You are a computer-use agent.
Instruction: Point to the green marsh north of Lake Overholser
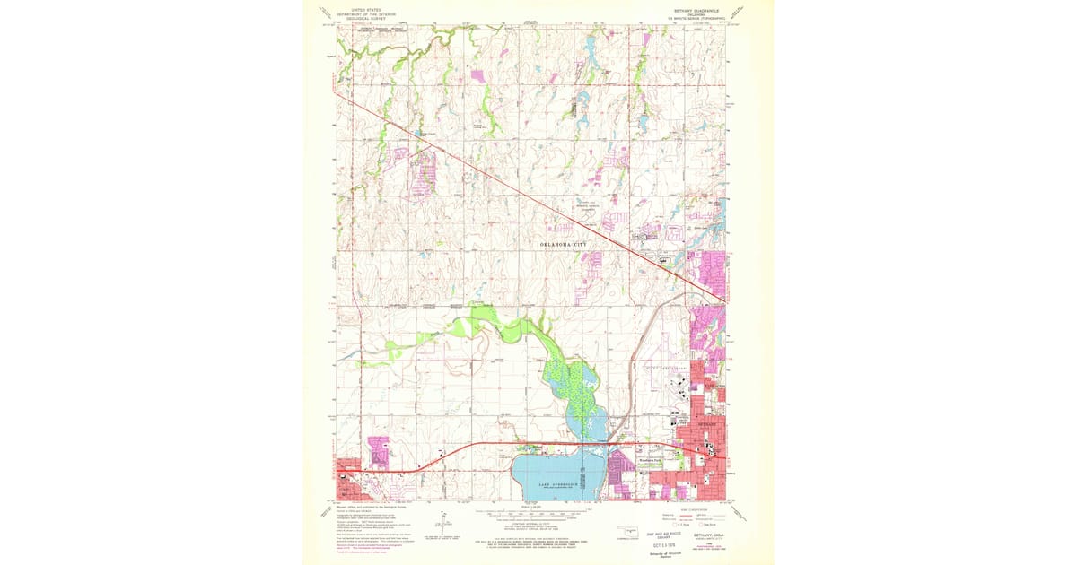[x=575, y=386]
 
